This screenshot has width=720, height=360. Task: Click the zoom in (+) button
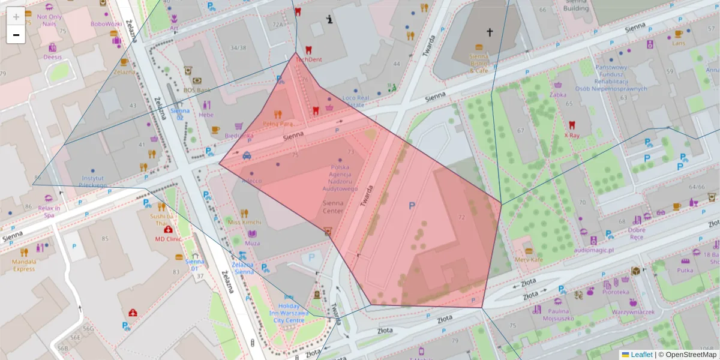click(x=16, y=16)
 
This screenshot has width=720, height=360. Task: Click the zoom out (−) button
click(x=16, y=34)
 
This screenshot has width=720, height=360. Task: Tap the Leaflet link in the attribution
click(x=641, y=355)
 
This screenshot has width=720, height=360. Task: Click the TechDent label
click(x=308, y=59)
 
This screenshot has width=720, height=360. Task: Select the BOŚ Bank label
click(x=196, y=90)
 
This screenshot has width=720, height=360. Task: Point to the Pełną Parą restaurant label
click(x=278, y=124)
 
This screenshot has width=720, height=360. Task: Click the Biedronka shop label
click(x=239, y=136)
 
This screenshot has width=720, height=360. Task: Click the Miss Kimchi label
click(x=243, y=222)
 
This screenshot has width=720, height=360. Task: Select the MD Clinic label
click(x=168, y=238)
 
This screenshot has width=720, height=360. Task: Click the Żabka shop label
click(x=558, y=94)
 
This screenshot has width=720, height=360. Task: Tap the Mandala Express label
click(x=24, y=265)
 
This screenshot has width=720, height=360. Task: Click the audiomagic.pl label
click(x=594, y=250)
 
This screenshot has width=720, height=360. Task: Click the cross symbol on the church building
click(x=489, y=32)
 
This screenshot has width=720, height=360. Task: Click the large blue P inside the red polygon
click(x=412, y=206)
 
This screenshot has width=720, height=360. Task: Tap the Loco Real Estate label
click(x=356, y=101)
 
